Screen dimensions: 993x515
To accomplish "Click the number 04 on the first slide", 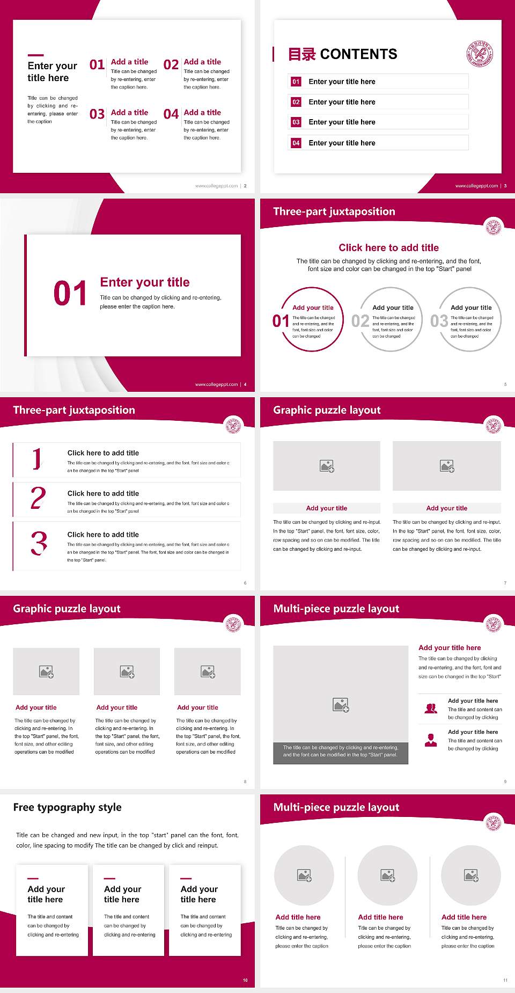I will click(x=171, y=114).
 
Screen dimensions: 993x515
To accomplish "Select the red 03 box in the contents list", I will click(x=296, y=122).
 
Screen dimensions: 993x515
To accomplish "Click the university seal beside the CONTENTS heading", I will click(x=480, y=54).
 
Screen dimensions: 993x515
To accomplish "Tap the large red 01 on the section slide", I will click(x=70, y=294).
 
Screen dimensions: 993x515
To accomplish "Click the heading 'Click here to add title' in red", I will click(x=388, y=247).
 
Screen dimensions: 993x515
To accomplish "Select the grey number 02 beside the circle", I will click(x=360, y=321).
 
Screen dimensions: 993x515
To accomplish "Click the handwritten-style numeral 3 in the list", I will click(x=39, y=543).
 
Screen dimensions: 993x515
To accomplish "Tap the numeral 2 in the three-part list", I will click(x=38, y=498).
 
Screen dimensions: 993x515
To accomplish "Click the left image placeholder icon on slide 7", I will click(x=327, y=466).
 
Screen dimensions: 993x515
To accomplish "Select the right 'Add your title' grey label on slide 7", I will click(x=446, y=508).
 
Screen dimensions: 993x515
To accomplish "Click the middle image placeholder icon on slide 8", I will click(x=127, y=671).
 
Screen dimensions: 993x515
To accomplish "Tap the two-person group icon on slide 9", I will click(x=431, y=709).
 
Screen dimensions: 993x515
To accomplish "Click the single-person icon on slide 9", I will click(x=431, y=740).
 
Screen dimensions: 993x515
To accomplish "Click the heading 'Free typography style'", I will click(x=68, y=807).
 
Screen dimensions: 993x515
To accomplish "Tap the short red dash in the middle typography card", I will click(x=109, y=879).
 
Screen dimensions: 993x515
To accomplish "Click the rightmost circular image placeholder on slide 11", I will click(x=471, y=875).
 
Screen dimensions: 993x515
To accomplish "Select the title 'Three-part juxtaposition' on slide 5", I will click(x=334, y=211).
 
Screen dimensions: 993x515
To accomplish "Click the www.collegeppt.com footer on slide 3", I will click(x=476, y=186).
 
